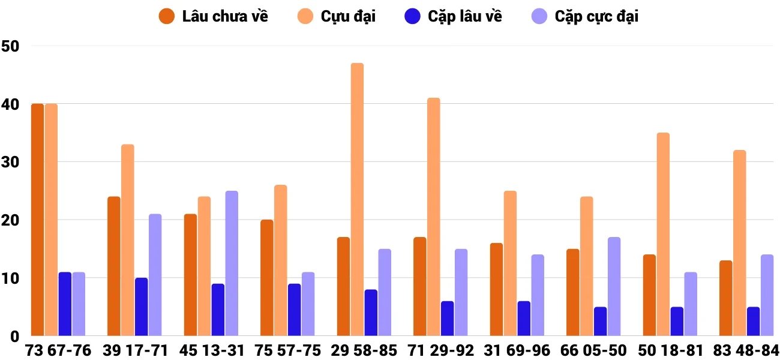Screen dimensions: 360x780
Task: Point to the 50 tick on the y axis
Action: click(x=11, y=46)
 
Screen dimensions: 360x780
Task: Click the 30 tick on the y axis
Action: click(x=11, y=162)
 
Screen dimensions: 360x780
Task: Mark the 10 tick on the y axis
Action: click(x=11, y=278)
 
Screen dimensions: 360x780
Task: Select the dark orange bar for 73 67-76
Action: click(x=37, y=220)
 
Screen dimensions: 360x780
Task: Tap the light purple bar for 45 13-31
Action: click(x=232, y=263)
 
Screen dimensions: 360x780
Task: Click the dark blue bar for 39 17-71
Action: click(x=141, y=307)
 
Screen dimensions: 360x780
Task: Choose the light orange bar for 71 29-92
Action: click(x=434, y=217)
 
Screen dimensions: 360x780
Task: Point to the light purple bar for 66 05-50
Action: click(x=614, y=286)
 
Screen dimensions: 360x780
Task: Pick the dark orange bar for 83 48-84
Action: click(x=725, y=298)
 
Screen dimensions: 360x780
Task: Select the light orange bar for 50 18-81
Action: click(x=663, y=234)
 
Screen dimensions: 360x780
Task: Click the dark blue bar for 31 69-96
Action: click(x=524, y=318)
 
